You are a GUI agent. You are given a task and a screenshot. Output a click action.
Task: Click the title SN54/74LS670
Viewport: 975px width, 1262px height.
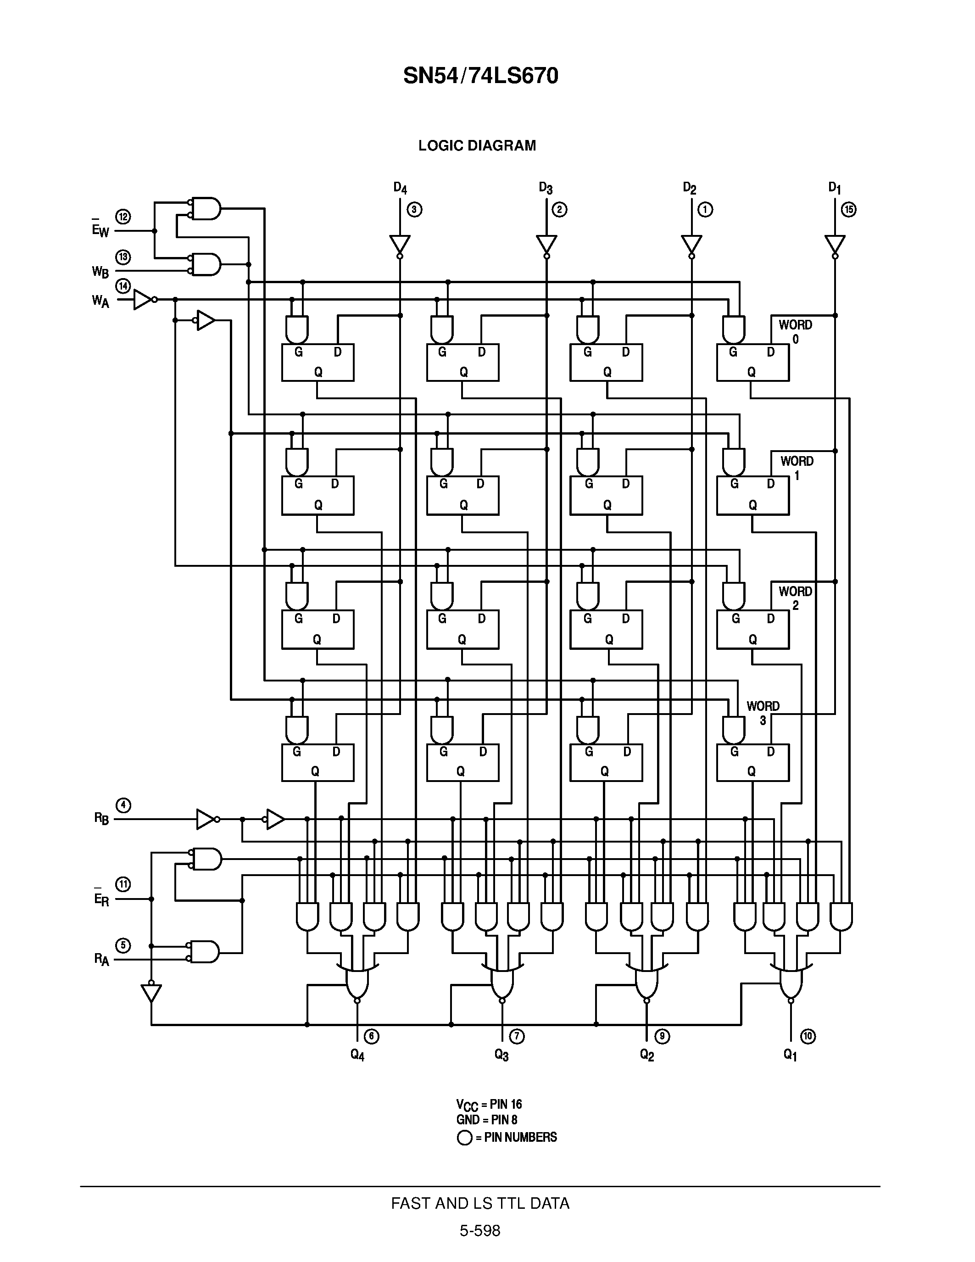point(480,76)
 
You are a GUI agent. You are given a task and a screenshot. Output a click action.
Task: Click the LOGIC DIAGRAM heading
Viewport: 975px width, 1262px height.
point(477,145)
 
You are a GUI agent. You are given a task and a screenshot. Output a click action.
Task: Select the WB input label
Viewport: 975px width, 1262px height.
point(100,271)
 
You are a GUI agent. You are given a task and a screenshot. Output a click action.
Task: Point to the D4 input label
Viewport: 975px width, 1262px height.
point(400,188)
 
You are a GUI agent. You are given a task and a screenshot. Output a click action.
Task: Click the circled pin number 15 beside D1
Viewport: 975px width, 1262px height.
point(848,210)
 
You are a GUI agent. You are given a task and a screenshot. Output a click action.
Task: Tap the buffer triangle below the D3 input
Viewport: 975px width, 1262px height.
point(546,244)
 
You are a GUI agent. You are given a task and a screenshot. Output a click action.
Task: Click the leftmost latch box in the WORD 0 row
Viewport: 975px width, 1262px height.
point(318,362)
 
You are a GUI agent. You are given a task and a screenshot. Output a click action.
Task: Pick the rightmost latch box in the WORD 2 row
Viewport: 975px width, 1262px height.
point(752,629)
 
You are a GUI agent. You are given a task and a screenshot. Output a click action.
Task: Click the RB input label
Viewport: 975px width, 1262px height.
point(101,818)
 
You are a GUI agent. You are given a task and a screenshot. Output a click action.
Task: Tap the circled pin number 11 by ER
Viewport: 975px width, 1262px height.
point(123,884)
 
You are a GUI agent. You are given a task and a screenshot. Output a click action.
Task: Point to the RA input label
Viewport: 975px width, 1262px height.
point(101,960)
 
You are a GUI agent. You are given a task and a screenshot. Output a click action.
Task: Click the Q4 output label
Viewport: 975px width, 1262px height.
point(357,1055)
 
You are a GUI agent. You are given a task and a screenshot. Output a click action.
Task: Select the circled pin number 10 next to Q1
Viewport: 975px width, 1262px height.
point(808,1036)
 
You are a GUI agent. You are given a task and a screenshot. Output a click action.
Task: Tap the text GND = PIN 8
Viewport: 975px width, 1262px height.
point(486,1119)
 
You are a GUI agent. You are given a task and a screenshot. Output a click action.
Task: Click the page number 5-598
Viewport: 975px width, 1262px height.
point(479,1231)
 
